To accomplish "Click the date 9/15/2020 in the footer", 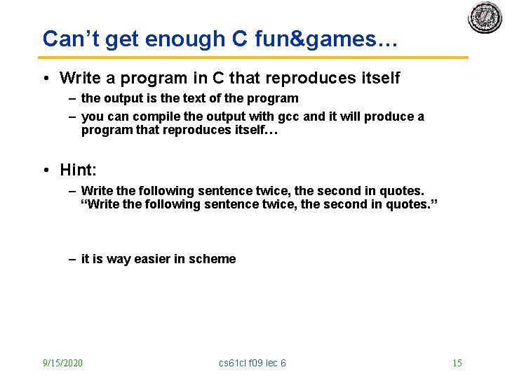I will click(62, 363).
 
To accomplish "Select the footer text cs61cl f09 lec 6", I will click(252, 363).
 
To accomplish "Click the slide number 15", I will click(457, 363).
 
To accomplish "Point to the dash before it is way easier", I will click(72, 259).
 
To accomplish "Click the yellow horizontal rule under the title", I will click(252, 58).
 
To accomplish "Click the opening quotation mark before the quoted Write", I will click(85, 204).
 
